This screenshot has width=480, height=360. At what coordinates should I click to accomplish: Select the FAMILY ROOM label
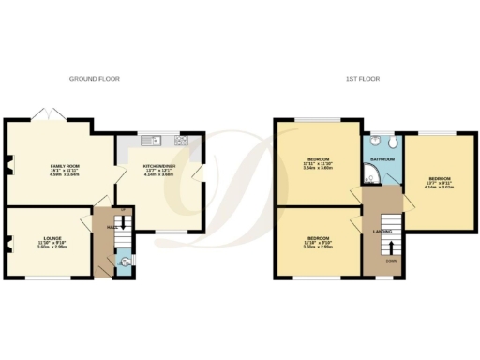coord(64,166)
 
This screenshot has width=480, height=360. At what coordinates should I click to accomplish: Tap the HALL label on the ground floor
coord(111,228)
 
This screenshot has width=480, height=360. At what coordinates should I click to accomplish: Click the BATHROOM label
coord(382,160)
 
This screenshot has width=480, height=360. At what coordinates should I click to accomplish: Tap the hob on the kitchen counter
coord(180,141)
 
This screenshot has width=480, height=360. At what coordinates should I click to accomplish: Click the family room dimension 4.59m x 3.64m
coord(64,176)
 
